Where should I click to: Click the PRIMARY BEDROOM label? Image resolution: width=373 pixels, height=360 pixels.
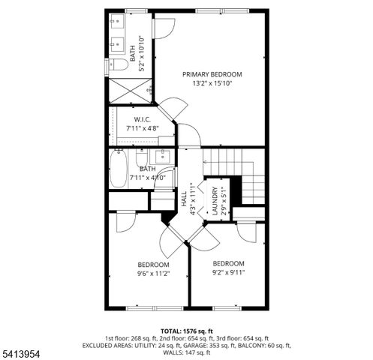point(212,74)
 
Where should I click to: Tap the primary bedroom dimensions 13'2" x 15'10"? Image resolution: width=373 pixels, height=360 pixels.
point(212,84)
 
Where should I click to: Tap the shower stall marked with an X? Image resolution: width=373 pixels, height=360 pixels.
point(128,92)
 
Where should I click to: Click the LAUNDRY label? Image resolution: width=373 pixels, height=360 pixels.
point(215,202)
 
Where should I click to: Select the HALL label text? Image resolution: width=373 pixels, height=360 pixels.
point(185,199)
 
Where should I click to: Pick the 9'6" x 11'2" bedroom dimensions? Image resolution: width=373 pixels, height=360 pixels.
point(153,274)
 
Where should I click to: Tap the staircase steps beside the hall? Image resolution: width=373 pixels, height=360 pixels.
point(238,168)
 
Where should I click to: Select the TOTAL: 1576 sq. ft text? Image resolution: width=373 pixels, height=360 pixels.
point(187,331)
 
